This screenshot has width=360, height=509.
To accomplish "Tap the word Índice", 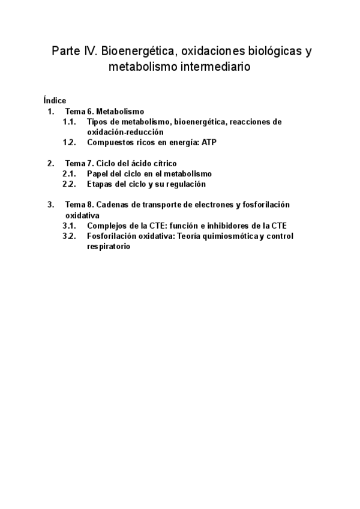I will (55, 101).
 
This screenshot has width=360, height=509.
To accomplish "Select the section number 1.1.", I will (69, 122).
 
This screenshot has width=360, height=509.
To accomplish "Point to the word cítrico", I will (163, 163).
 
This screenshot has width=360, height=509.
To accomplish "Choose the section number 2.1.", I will (69, 174).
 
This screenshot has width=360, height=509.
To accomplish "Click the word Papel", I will (98, 174).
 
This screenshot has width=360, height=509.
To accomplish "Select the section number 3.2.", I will (69, 236).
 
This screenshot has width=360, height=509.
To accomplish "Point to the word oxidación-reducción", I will (125, 132).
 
